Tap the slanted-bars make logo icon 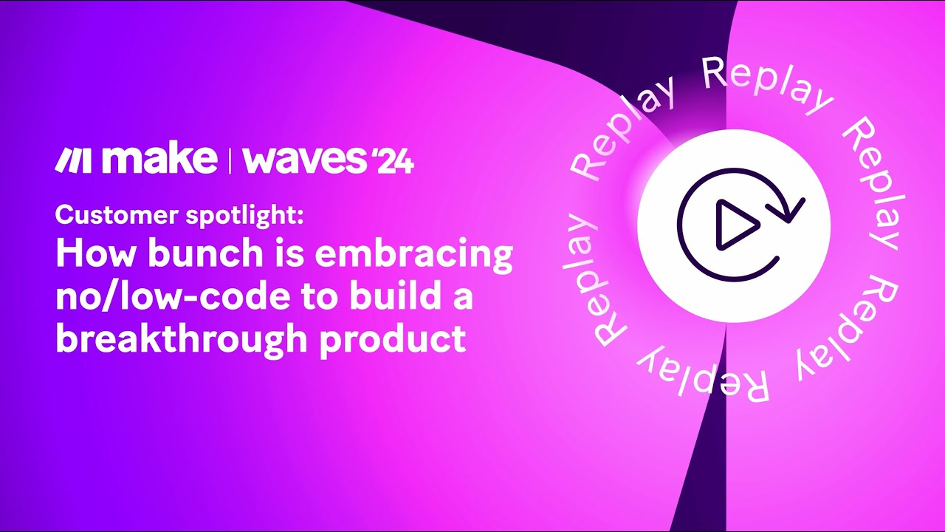[72, 160]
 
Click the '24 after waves [392, 162]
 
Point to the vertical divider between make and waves [230, 160]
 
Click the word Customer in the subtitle [117, 215]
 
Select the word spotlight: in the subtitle [244, 216]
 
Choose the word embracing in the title [414, 256]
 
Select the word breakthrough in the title [182, 341]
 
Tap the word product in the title [393, 341]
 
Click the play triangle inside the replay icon [737, 225]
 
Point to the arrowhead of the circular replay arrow [787, 209]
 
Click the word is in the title [289, 253]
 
